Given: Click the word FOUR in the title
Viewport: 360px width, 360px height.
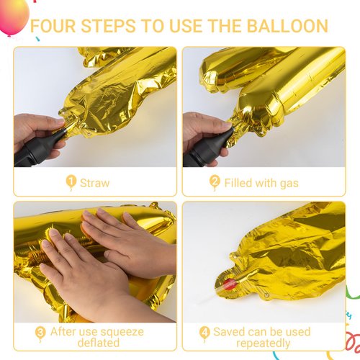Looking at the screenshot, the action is pyautogui.click(x=53, y=26).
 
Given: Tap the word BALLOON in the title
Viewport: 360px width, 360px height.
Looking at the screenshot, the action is pyautogui.click(x=287, y=26).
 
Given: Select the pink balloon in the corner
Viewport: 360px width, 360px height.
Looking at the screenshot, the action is pyautogui.click(x=14, y=17).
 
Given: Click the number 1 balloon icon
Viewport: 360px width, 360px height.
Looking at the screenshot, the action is pyautogui.click(x=71, y=182).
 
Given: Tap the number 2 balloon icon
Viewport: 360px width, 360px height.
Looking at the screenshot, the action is pyautogui.click(x=215, y=182).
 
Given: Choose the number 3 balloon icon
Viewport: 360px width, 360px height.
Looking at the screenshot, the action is pyautogui.click(x=40, y=333).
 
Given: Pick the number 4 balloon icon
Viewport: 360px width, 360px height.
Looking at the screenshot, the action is pyautogui.click(x=204, y=333).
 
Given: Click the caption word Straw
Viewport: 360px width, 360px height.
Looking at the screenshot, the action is pyautogui.click(x=95, y=183).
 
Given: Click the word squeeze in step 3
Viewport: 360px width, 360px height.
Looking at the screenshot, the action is pyautogui.click(x=122, y=333).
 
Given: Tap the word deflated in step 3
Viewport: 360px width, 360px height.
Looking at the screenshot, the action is pyautogui.click(x=99, y=343).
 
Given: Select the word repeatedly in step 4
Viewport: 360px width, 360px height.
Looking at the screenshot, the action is pyautogui.click(x=264, y=343).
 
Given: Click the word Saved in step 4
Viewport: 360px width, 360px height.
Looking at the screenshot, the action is pyautogui.click(x=229, y=332).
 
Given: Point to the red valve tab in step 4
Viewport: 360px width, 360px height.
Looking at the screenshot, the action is pyautogui.click(x=230, y=284).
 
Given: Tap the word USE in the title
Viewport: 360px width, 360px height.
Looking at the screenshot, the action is pyautogui.click(x=186, y=26).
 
